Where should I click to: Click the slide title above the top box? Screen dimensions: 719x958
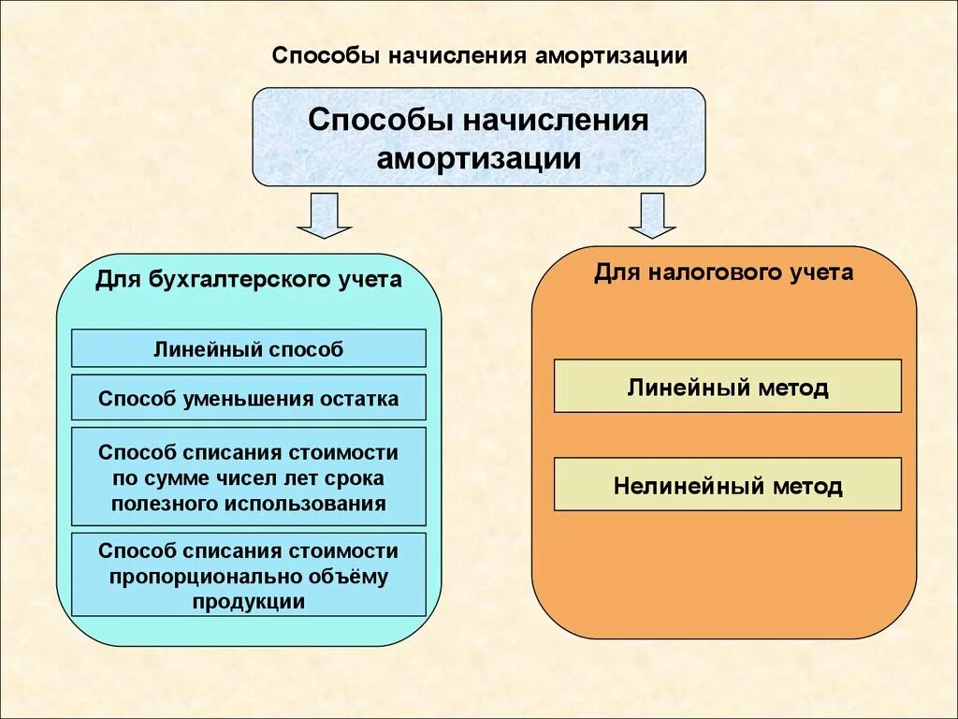coord(479,54)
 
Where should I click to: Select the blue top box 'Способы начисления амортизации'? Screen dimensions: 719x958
coord(479,137)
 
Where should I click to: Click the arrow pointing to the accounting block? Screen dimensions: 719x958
coord(324,216)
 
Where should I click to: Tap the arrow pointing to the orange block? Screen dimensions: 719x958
coord(652,216)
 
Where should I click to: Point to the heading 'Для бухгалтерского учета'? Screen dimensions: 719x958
coord(248,280)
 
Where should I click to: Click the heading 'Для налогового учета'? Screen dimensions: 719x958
coord(723,272)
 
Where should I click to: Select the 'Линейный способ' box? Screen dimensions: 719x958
coord(248,348)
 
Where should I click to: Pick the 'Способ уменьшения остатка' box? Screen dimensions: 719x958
coord(248,398)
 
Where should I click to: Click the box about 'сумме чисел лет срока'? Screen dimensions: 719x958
coord(248,477)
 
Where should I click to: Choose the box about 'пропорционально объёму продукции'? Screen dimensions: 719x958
coord(248,576)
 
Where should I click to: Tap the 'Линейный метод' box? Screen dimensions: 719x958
coord(727,387)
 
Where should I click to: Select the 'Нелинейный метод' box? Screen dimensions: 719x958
coord(727,486)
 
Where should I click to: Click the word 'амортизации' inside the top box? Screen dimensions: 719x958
coord(479,156)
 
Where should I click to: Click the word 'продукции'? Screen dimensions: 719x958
coord(249,602)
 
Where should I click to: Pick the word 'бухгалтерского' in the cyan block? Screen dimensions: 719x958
coord(233,280)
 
